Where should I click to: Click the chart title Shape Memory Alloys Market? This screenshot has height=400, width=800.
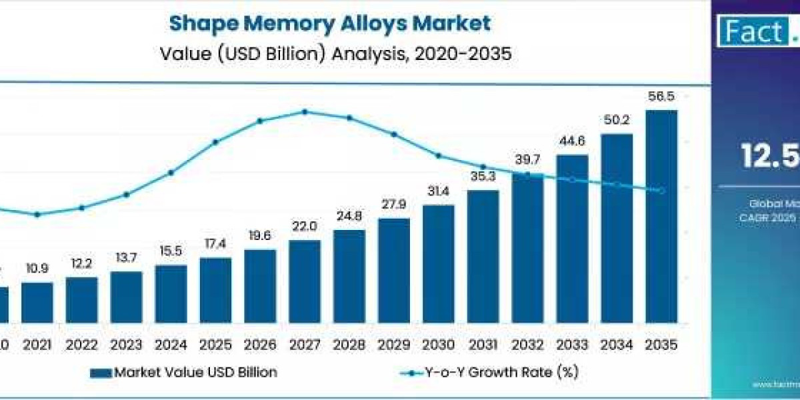[x=329, y=23]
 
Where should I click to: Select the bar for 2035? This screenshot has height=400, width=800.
[x=661, y=216]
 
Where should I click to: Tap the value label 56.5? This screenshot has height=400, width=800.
[x=661, y=96]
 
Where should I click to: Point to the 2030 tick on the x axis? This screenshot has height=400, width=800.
[x=438, y=345]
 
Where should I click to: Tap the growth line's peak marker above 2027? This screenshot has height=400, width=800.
[x=305, y=111]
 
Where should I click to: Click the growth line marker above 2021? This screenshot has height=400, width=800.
[x=37, y=214]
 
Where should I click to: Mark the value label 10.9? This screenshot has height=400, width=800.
[x=37, y=269]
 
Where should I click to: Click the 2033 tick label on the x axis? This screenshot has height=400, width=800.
[x=572, y=345]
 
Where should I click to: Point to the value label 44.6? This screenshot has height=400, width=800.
[x=572, y=141]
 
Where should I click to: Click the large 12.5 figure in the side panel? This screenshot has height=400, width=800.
[x=770, y=155]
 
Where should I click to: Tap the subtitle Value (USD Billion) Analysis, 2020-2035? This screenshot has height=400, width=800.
[x=335, y=53]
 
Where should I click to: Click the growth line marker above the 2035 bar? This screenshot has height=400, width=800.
[x=661, y=191]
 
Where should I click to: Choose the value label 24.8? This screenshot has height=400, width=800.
[x=349, y=217]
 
